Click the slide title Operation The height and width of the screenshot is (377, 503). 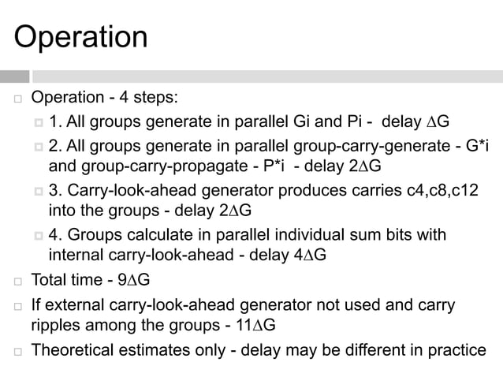coord(81,37)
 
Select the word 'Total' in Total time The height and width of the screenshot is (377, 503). coord(50,279)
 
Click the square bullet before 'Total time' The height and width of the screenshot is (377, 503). coord(14,280)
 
